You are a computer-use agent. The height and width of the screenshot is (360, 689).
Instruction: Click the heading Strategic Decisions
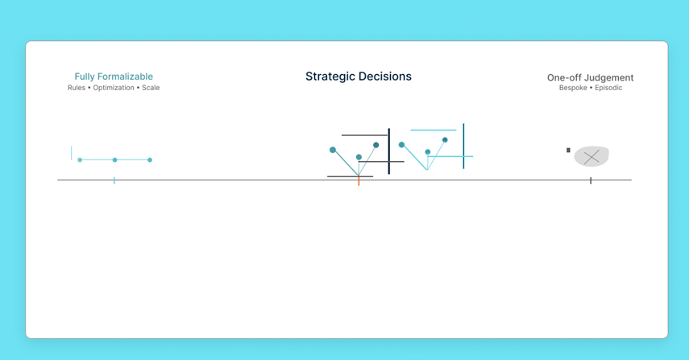358,77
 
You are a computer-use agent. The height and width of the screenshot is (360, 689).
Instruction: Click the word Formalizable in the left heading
126,77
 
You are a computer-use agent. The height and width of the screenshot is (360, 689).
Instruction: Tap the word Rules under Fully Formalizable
77,88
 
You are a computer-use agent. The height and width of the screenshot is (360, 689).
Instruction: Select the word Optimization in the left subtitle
114,88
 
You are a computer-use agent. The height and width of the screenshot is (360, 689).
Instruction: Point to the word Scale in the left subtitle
151,88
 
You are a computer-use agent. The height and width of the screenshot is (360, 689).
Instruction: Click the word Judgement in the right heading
610,78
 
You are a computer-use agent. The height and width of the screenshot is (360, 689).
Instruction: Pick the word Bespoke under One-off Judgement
573,88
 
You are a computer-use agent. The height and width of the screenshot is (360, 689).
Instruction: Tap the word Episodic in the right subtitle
608,88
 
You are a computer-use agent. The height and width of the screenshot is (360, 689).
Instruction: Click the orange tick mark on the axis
359,181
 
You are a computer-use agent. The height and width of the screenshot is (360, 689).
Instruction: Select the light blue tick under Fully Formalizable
114,180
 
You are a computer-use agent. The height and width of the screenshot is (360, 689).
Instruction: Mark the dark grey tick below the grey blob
591,180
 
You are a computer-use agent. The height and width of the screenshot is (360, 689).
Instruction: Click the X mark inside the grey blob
591,157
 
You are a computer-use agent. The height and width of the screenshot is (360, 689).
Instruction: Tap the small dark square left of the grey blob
568,151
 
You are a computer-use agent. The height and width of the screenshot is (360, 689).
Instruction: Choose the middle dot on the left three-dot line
114,160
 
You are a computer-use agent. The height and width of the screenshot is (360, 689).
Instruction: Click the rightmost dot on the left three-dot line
150,160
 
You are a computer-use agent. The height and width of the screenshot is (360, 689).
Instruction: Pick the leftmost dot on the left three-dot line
80,160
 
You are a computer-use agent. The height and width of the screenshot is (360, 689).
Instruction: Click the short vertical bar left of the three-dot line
72,152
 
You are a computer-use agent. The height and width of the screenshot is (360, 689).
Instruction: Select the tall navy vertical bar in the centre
389,151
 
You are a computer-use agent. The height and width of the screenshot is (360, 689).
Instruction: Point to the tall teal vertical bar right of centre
463,146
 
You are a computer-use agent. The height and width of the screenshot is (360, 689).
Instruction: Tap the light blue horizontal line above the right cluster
433,130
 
